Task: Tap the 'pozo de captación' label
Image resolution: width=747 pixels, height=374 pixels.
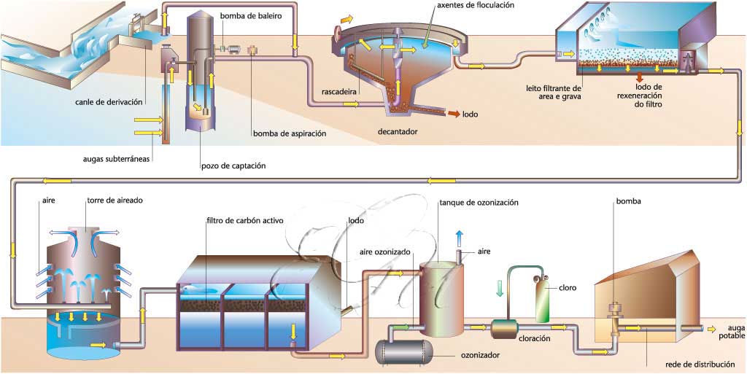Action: (233, 165)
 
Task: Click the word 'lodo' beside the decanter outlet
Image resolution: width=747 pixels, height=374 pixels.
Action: (470, 114)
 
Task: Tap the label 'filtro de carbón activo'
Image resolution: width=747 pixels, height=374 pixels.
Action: (244, 219)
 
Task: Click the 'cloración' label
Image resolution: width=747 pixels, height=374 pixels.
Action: (535, 338)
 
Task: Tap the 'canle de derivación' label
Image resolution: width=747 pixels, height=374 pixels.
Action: (109, 101)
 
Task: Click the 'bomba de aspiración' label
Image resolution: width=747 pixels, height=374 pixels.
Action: (289, 133)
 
